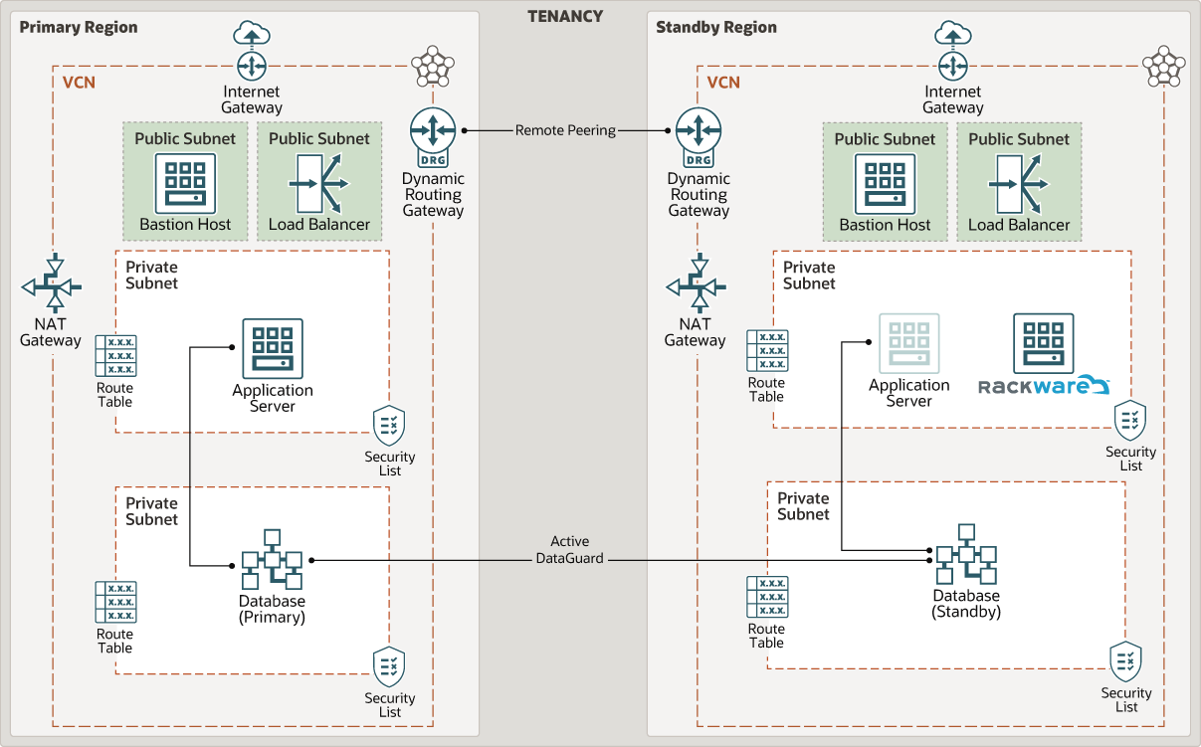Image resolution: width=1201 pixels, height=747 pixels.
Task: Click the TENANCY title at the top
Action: [564, 16]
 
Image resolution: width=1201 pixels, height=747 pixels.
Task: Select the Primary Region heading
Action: [79, 27]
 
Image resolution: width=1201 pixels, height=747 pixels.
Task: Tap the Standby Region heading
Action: [715, 27]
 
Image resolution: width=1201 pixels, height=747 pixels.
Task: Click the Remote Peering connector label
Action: [565, 130]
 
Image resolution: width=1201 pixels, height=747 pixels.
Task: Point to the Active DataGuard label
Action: [570, 550]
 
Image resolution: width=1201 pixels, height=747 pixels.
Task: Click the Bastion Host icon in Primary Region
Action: [185, 182]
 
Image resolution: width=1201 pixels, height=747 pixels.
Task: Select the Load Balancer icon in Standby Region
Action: [1018, 183]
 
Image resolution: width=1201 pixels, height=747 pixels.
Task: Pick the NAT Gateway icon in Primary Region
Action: [52, 286]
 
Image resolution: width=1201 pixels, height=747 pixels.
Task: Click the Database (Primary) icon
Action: [272, 559]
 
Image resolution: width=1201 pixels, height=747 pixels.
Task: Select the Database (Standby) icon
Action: [965, 554]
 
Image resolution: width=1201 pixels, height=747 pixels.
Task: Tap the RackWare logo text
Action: [1043, 386]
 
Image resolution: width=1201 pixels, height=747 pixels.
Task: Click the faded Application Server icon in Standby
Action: [908, 343]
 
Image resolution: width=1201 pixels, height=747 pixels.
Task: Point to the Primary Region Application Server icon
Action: [272, 349]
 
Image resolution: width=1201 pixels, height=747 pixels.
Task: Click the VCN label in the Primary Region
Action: [79, 83]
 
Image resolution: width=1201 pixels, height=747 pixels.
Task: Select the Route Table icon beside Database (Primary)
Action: [115, 602]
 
